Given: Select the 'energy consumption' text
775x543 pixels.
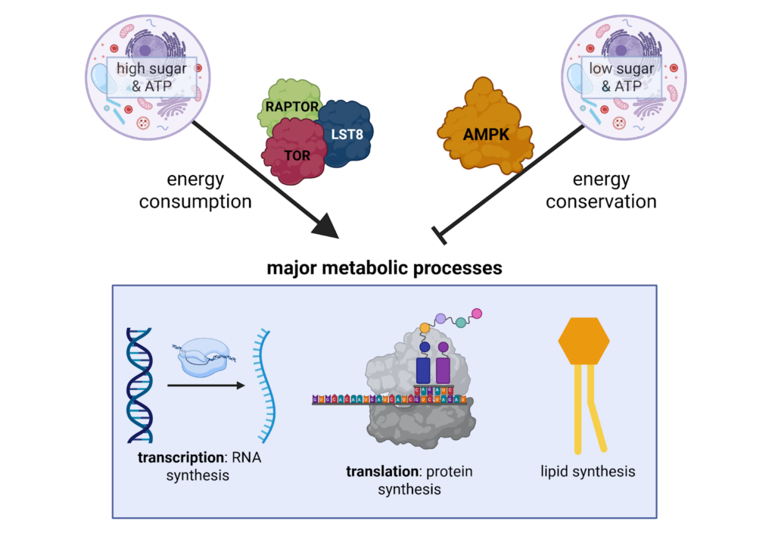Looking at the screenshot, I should pyautogui.click(x=195, y=191).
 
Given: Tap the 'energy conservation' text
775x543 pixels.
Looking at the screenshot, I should pyautogui.click(x=601, y=191).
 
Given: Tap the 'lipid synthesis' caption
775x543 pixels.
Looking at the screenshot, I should pyautogui.click(x=587, y=471).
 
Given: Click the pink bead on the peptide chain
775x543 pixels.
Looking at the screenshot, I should pyautogui.click(x=476, y=314).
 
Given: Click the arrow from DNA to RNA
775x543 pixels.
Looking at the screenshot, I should pyautogui.click(x=206, y=385).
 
